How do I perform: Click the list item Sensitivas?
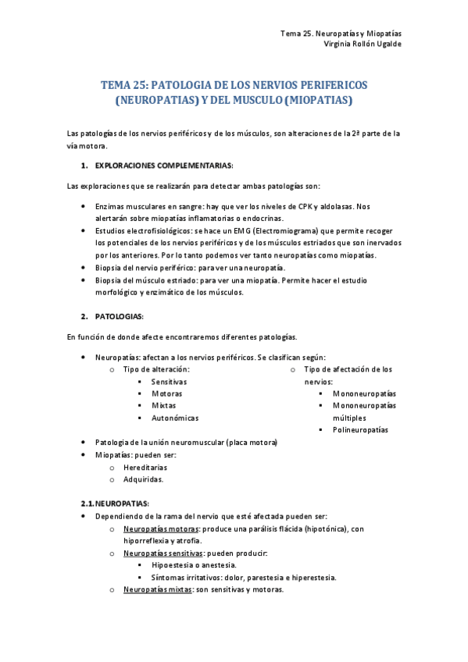[x=169, y=382]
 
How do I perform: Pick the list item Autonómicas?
[x=175, y=418]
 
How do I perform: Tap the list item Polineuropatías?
[x=360, y=430]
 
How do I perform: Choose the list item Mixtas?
[x=163, y=406]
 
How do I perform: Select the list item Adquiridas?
[x=144, y=479]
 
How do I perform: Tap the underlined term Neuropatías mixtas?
[x=155, y=589]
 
